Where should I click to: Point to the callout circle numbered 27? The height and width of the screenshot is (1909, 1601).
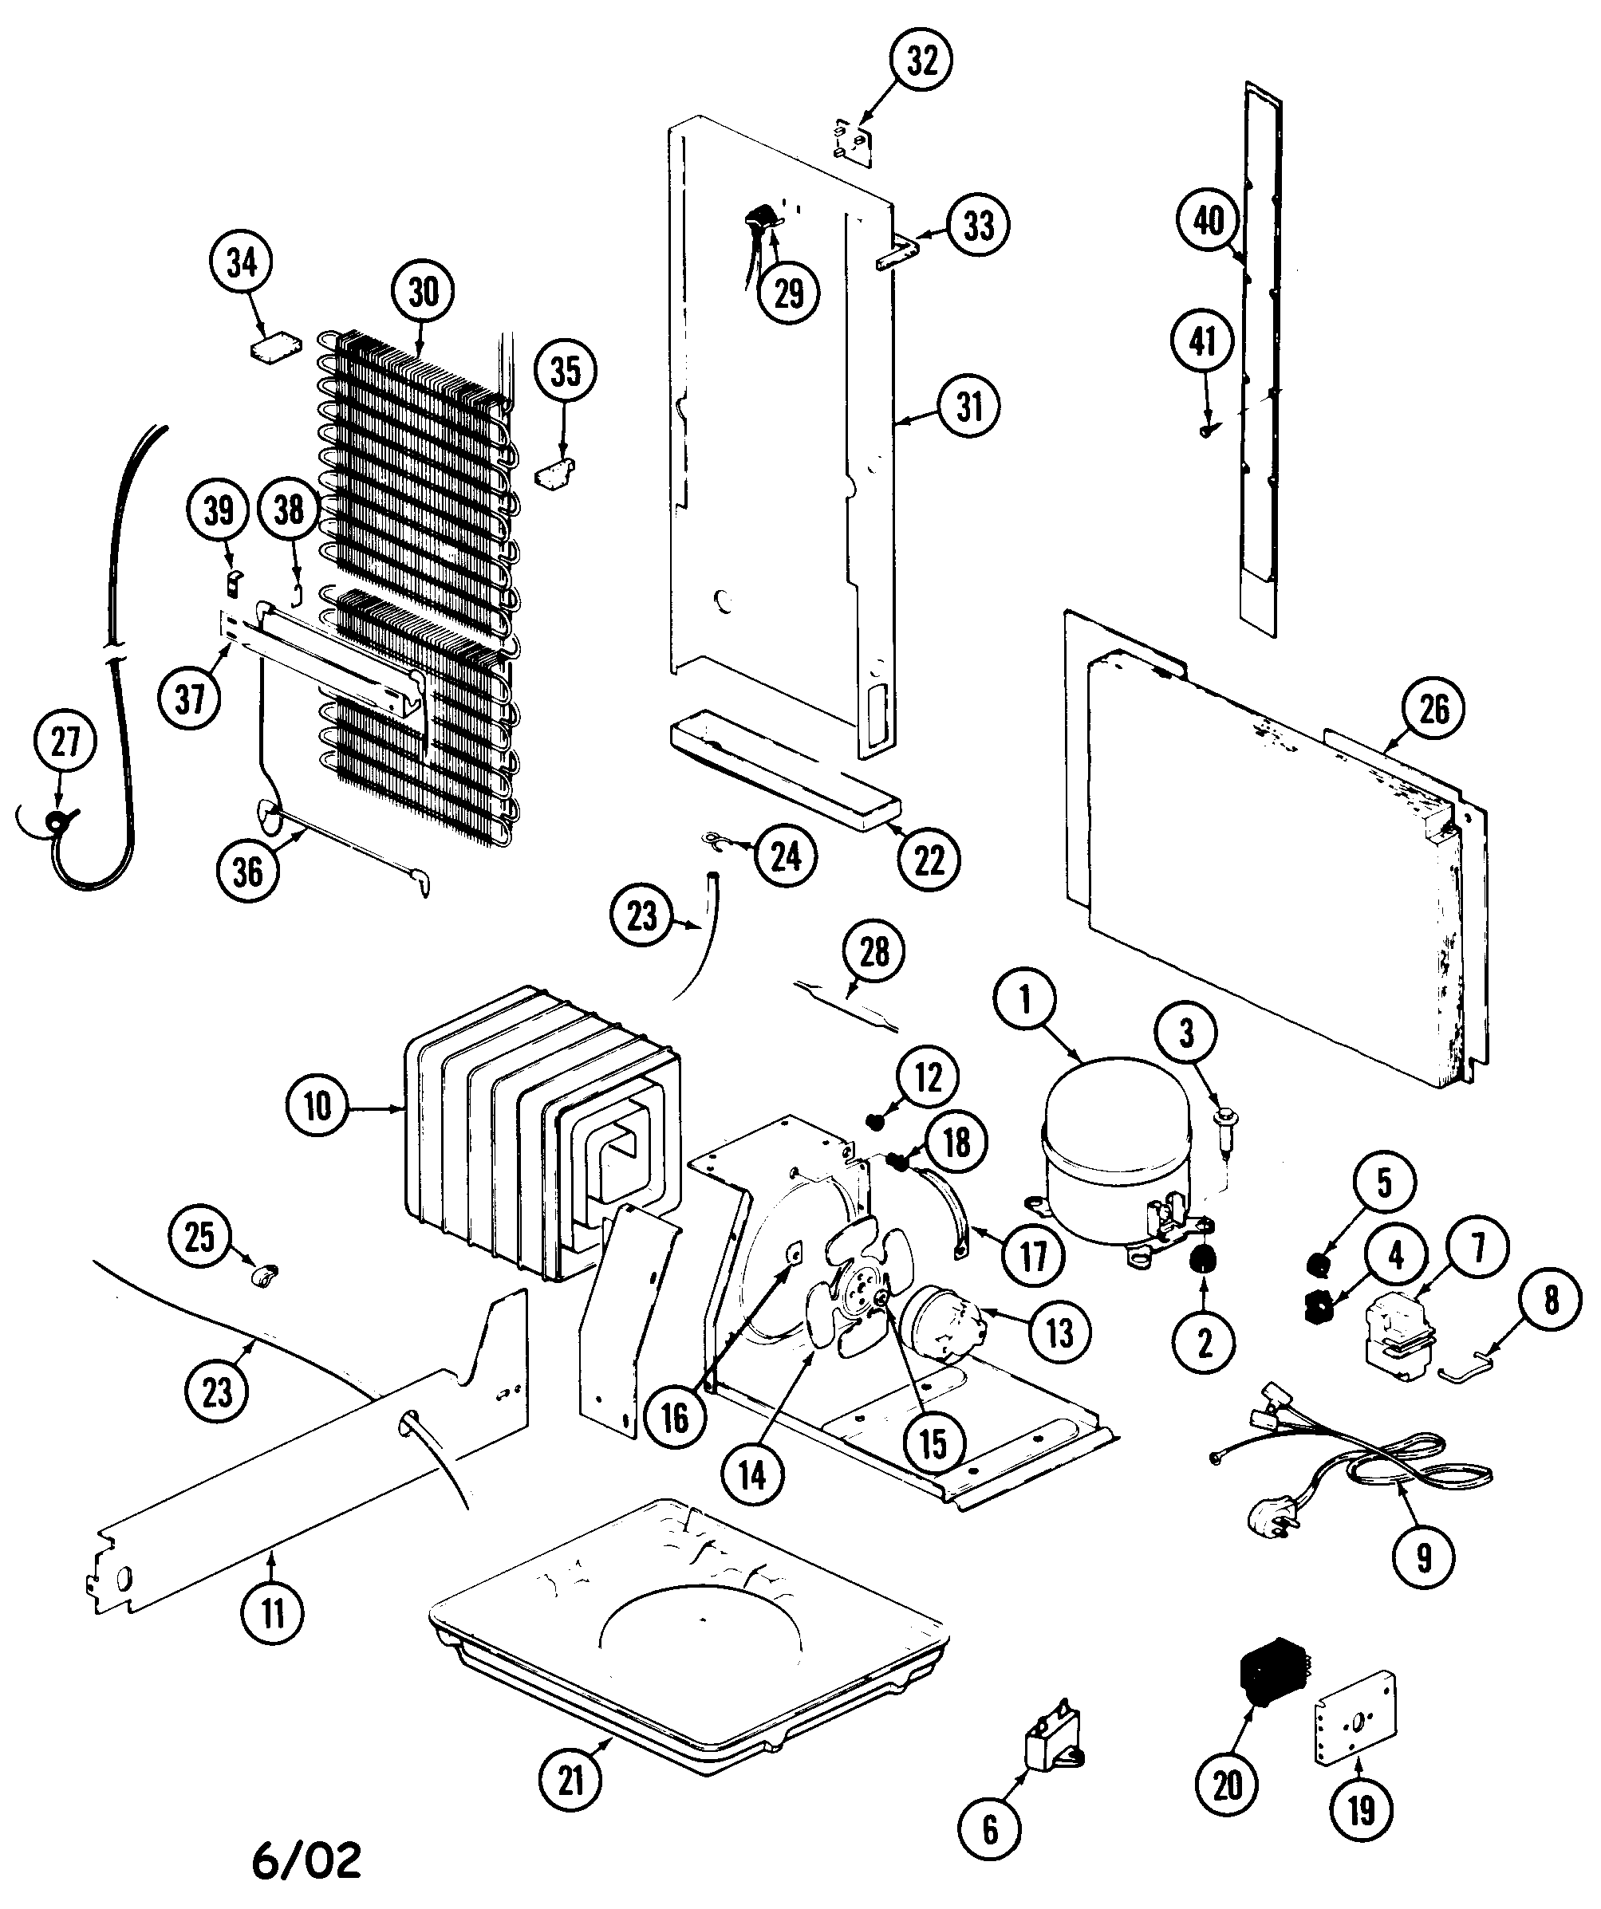coord(65,742)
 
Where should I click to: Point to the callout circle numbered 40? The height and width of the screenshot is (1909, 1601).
coord(1209,221)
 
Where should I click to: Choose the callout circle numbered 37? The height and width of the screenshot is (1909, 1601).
coord(190,699)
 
